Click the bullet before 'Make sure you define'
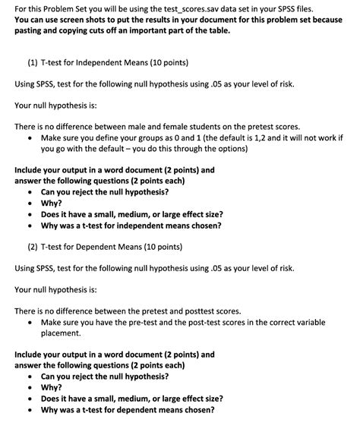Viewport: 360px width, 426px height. point(29,139)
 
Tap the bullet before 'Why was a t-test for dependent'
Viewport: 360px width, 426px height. point(29,410)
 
